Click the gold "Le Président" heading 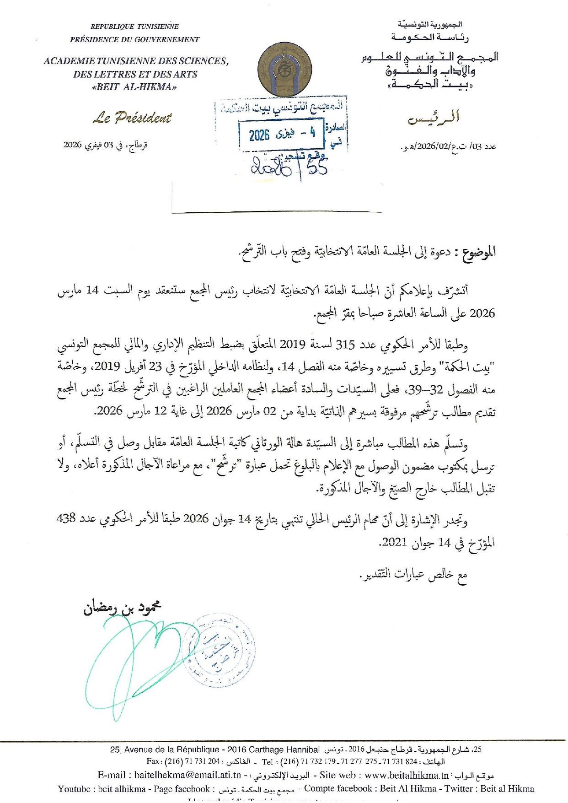132,118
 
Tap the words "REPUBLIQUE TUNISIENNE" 134,27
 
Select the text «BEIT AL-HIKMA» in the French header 134,87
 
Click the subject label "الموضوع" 479,252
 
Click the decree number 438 66,518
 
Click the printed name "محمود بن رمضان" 122,608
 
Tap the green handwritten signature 133,659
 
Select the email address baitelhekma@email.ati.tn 188,775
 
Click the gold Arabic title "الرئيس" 433,118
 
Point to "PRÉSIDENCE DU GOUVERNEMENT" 134,40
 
